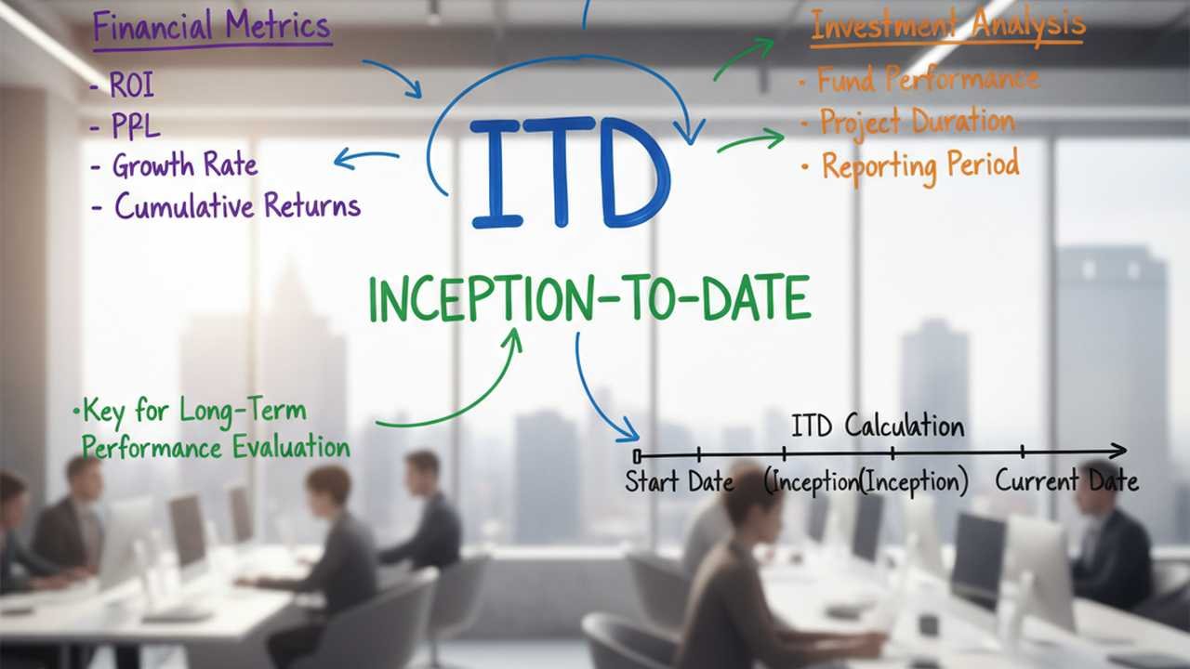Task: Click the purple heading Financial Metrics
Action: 212,27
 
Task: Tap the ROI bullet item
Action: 132,85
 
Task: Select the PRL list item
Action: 136,125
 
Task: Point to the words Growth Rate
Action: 185,164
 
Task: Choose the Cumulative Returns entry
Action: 237,205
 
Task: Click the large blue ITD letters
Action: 570,173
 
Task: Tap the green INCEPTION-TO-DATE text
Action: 589,298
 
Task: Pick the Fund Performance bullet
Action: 928,79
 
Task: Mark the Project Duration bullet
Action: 918,122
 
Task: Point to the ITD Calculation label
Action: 878,426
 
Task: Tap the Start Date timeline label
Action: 679,481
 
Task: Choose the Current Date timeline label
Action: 1066,480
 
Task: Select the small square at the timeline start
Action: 637,456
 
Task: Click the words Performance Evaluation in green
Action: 216,447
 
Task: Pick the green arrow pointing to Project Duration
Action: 750,140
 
